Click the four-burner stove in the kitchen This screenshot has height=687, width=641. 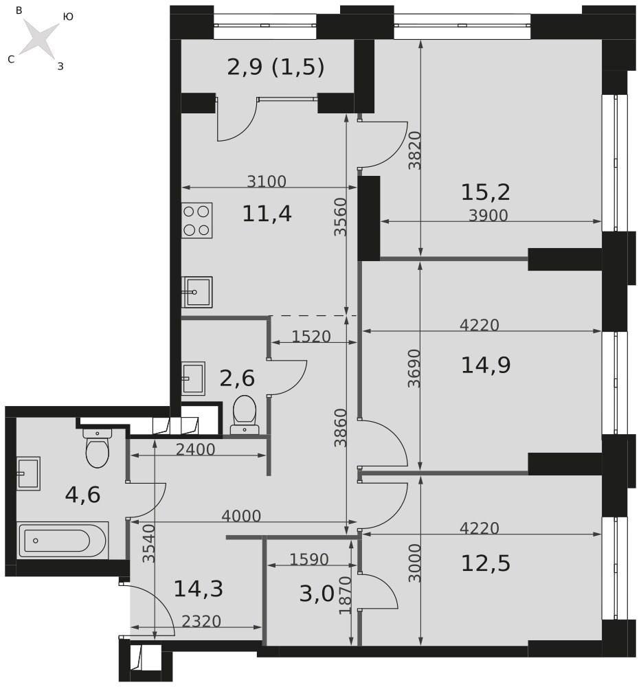pyautogui.click(x=197, y=221)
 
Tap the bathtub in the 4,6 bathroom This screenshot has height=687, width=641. pyautogui.click(x=63, y=540)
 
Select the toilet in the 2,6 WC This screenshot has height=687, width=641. pyautogui.click(x=245, y=414)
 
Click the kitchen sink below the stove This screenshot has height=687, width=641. pyautogui.click(x=197, y=292)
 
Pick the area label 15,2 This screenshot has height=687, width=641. pyautogui.click(x=486, y=192)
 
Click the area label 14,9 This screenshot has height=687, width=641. pyautogui.click(x=486, y=365)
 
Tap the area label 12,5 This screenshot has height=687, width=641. pyautogui.click(x=486, y=563)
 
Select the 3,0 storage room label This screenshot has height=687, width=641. pyautogui.click(x=317, y=594)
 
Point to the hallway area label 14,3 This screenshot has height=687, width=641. pyautogui.click(x=199, y=589)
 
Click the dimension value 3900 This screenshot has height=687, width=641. pyautogui.click(x=488, y=215)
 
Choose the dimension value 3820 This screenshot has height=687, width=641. pyautogui.click(x=414, y=150)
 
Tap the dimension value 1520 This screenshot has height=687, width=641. pyautogui.click(x=311, y=336)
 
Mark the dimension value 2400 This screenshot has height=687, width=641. pyautogui.click(x=195, y=449)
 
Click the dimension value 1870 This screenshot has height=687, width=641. pyautogui.click(x=346, y=595)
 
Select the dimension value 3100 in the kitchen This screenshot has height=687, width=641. pyautogui.click(x=267, y=181)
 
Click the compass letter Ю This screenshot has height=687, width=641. pyautogui.click(x=68, y=16)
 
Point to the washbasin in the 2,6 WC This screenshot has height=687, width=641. pyautogui.click(x=193, y=378)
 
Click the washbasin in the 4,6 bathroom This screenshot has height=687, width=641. pyautogui.click(x=28, y=473)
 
